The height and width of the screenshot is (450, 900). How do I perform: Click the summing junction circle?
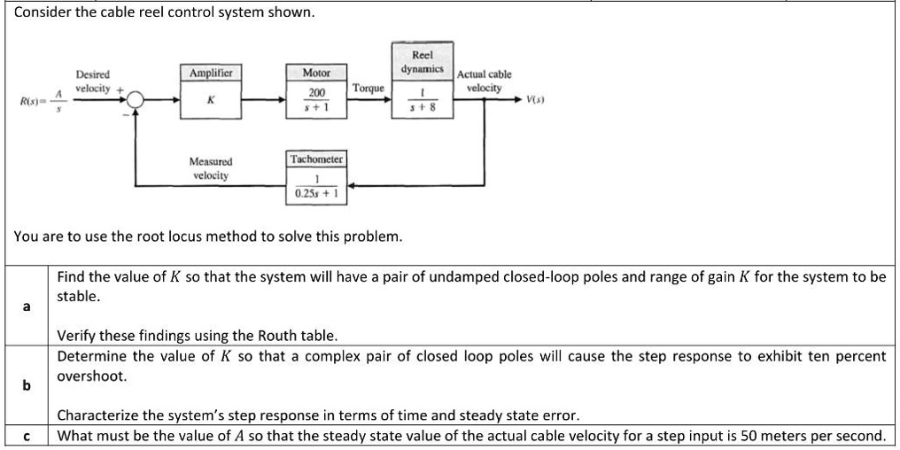[136, 101]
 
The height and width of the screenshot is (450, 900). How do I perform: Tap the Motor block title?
[316, 73]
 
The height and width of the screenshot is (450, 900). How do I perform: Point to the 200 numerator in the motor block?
[316, 93]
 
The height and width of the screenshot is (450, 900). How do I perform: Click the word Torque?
[368, 89]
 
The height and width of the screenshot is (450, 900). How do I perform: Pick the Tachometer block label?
[317, 159]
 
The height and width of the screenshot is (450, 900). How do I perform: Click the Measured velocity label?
[210, 168]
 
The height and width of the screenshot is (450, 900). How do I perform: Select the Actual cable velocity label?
[484, 81]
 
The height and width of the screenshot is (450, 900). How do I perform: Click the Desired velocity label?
[92, 81]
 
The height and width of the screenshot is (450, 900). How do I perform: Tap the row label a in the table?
[26, 306]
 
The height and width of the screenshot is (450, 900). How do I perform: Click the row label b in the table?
[26, 385]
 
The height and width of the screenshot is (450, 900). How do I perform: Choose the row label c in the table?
[26, 436]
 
